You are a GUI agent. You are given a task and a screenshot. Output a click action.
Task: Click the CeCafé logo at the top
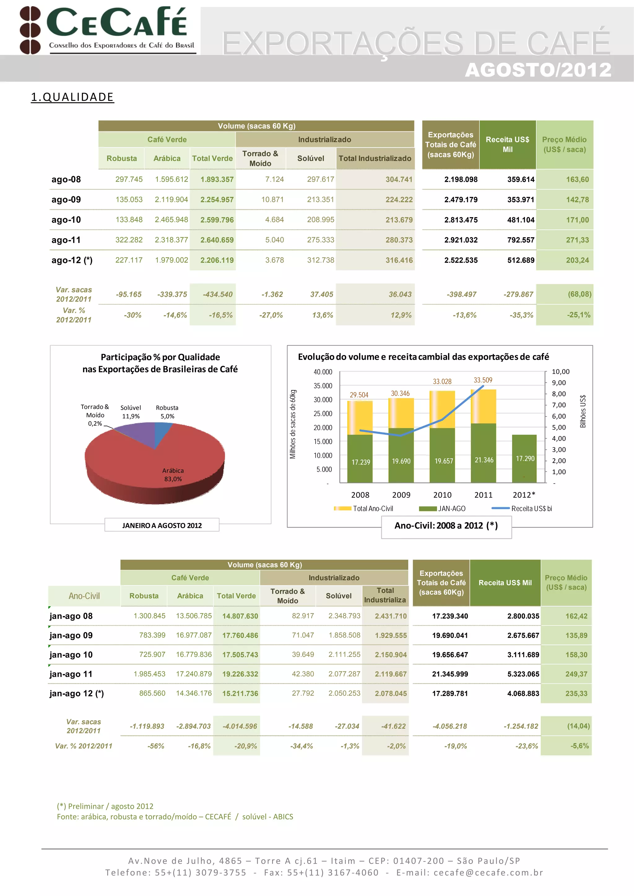[x=107, y=30]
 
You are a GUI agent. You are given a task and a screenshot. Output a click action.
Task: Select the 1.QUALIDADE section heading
[x=72, y=97]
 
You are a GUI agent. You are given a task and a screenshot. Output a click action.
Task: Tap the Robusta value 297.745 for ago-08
[x=128, y=179]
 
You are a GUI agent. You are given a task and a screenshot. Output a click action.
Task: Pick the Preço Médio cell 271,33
[x=577, y=240]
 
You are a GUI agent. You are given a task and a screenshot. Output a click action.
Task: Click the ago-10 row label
[x=66, y=220]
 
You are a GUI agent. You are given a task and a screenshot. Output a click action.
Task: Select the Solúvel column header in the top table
[x=310, y=158]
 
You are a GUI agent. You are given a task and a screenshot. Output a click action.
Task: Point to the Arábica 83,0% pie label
[x=173, y=474]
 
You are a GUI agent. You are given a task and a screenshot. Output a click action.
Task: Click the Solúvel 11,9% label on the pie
[x=130, y=412]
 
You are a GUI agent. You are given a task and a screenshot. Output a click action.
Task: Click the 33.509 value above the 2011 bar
[x=483, y=380]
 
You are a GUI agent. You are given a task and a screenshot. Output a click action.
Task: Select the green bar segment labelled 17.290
[x=524, y=459]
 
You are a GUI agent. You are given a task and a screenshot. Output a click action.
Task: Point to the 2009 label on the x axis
[x=401, y=495]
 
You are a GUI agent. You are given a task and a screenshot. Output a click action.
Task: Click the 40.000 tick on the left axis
[x=323, y=372]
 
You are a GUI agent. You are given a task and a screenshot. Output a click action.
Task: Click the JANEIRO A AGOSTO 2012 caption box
[x=162, y=525]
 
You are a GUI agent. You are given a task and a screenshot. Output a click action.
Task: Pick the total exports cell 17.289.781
[x=449, y=693]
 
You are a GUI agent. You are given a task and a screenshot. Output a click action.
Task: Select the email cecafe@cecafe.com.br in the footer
[x=488, y=872]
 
